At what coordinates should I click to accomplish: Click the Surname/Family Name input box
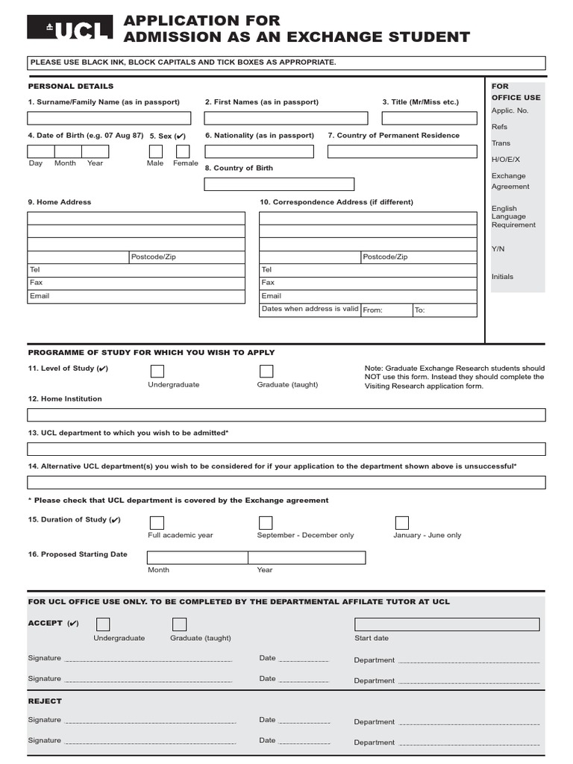click(x=109, y=118)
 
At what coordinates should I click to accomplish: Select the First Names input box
click(x=286, y=118)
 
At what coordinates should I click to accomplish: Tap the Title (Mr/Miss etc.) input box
click(x=429, y=118)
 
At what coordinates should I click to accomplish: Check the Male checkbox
click(x=156, y=151)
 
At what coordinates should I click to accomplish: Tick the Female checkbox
click(x=183, y=151)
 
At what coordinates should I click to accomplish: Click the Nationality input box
click(x=259, y=151)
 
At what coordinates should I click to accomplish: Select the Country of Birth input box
click(x=279, y=184)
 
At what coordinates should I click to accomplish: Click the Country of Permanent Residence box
click(x=401, y=151)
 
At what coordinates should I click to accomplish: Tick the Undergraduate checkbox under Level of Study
click(x=157, y=372)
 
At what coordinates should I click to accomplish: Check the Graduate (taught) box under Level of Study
click(x=266, y=372)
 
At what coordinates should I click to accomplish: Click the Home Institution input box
click(x=286, y=415)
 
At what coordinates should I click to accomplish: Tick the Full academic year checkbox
click(x=157, y=522)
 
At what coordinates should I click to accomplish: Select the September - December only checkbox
click(x=266, y=522)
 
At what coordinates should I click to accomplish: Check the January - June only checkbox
click(x=402, y=522)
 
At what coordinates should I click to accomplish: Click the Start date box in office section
click(x=447, y=624)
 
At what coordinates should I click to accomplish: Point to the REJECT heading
click(x=45, y=701)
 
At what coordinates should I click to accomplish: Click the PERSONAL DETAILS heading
click(x=71, y=87)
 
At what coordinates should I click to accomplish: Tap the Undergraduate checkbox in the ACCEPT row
click(x=103, y=624)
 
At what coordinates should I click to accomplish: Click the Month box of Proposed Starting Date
click(x=197, y=557)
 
